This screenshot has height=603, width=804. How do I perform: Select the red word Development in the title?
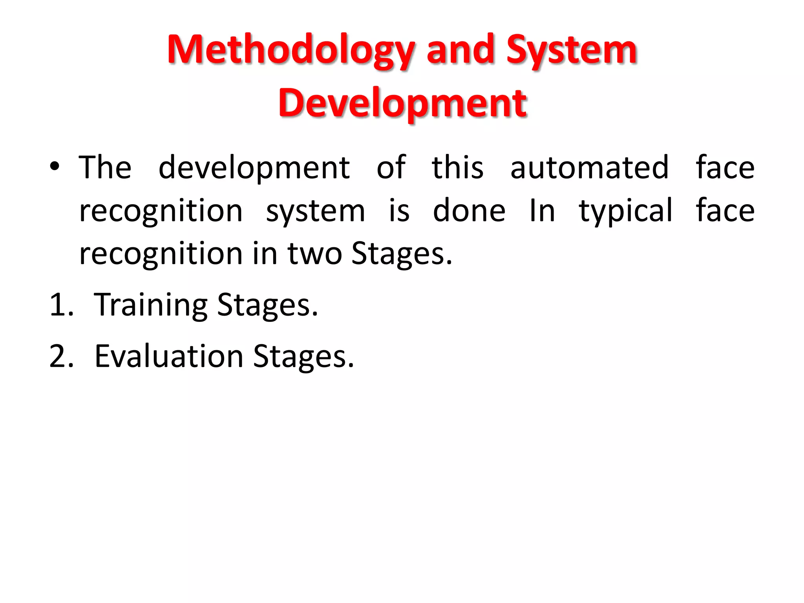pyautogui.click(x=402, y=103)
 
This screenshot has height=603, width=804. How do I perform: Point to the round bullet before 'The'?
pyautogui.click(x=55, y=166)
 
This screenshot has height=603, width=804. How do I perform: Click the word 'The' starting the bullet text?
pyautogui.click(x=105, y=168)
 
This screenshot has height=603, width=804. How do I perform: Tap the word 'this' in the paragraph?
pyautogui.click(x=457, y=168)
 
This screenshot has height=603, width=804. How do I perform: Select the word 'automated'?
pyautogui.click(x=589, y=168)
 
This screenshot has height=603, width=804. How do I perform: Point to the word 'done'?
pyautogui.click(x=469, y=211)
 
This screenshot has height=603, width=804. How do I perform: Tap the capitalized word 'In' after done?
pyautogui.click(x=542, y=211)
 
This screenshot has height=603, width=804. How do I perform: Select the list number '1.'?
pyautogui.click(x=62, y=305)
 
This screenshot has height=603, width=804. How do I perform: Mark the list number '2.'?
pyautogui.click(x=62, y=356)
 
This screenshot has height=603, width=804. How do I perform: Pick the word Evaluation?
pyautogui.click(x=169, y=356)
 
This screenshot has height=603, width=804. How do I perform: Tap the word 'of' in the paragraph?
pyautogui.click(x=391, y=168)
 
